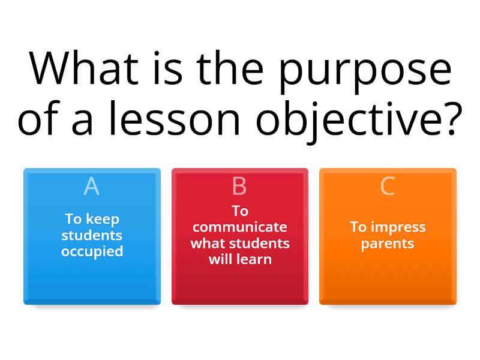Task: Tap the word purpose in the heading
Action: click(x=361, y=71)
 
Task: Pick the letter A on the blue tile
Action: click(x=92, y=187)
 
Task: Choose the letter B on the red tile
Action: click(x=239, y=187)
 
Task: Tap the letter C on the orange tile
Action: click(x=388, y=187)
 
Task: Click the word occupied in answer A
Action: click(x=92, y=251)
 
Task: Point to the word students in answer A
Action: click(x=92, y=235)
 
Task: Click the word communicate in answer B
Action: click(x=239, y=227)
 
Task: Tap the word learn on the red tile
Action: click(x=256, y=259)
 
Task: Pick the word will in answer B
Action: click(x=221, y=259)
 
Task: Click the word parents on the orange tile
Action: click(x=388, y=244)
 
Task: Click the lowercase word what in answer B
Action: click(x=206, y=243)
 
